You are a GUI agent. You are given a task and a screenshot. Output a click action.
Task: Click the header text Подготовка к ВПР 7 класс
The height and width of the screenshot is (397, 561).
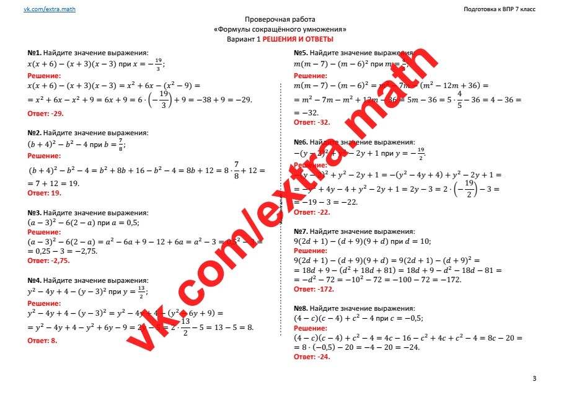[x=499, y=9]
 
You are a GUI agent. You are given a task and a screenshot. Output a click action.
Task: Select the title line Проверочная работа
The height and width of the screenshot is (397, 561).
[x=280, y=20]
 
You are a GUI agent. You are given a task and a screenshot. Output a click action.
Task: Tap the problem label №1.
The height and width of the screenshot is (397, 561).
[x=34, y=53]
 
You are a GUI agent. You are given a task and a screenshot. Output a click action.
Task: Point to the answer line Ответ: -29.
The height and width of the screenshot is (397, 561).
[x=46, y=114]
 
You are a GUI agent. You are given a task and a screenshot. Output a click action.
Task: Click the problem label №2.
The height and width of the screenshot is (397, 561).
[x=34, y=133]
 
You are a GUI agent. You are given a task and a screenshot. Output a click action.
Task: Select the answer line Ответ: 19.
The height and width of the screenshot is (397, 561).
[x=45, y=194]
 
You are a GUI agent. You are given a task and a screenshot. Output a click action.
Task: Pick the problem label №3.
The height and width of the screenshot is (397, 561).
[x=34, y=212]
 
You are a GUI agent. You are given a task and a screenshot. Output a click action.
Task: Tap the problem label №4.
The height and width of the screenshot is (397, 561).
[x=34, y=280]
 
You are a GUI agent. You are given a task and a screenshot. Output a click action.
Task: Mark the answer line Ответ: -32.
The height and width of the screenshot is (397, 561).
[x=312, y=122]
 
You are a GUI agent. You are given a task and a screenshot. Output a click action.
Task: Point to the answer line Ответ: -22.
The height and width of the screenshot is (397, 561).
[x=312, y=212]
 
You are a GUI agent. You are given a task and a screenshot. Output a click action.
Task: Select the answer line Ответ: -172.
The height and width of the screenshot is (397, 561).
[x=314, y=289]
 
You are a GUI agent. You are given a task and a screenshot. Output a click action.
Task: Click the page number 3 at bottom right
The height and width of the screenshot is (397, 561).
[x=534, y=378]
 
